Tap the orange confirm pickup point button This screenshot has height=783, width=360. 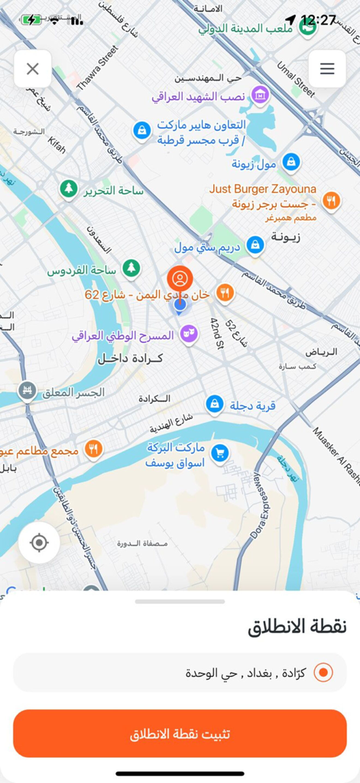tap(180, 733)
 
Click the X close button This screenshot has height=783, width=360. tap(32, 69)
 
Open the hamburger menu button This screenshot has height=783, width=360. tap(327, 69)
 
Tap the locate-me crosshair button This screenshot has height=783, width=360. tap(39, 543)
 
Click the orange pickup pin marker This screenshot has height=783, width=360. tap(180, 280)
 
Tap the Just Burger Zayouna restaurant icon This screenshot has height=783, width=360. tap(330, 200)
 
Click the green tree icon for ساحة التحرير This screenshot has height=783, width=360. tap(70, 188)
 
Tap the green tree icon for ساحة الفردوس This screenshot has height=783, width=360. tap(132, 268)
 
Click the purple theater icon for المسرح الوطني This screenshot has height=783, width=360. tap(188, 334)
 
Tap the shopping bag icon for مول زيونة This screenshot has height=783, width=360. tap(290, 162)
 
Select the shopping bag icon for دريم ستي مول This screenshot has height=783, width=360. tap(255, 245)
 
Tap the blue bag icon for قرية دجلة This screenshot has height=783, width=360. tap(216, 404)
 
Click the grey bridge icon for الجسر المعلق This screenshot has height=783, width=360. tap(28, 391)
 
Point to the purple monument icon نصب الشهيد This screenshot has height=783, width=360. tap(261, 96)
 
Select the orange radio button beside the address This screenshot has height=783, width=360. tap(323, 672)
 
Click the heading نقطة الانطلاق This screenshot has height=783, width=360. tap(297, 627)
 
